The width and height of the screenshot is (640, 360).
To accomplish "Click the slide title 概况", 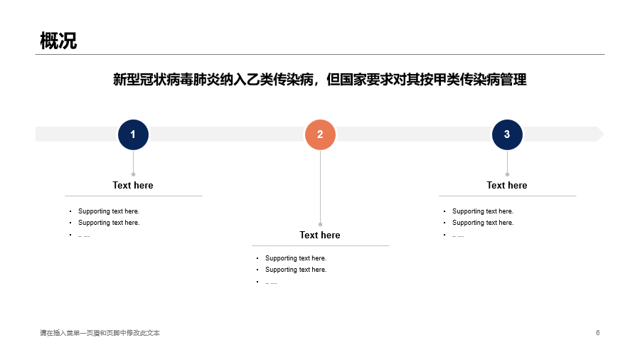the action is point(58,41).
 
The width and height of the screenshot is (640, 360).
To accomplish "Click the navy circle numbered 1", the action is point(133,134).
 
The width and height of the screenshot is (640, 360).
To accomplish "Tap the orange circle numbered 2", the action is point(321,134).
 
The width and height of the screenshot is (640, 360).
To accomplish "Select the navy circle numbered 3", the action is point(507,134).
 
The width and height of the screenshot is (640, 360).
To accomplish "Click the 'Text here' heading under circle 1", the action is point(133,185).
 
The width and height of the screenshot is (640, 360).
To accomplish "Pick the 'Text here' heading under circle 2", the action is point(320,235).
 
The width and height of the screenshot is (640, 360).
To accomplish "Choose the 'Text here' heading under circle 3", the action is point(507,185).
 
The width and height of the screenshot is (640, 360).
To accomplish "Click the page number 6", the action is point(597,333).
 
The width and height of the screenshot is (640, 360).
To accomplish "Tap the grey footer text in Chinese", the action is point(100,333).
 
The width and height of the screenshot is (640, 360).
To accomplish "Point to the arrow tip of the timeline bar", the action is point(604,134).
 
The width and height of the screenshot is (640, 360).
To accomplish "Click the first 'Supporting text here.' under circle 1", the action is point(109,211).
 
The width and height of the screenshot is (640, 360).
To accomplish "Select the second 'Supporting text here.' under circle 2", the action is point(296,270).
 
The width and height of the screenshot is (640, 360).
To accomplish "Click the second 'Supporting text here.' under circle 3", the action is point(483,223).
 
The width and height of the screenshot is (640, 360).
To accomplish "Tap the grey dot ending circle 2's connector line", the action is point(321,225).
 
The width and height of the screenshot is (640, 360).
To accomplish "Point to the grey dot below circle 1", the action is point(133,174).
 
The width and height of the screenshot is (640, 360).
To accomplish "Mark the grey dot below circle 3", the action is point(507,174).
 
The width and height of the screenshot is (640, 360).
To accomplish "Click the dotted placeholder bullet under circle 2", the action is point(271,282).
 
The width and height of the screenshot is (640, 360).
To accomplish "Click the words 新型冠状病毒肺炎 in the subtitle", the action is point(166,80).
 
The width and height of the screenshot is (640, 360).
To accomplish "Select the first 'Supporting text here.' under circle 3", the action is point(483,211).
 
